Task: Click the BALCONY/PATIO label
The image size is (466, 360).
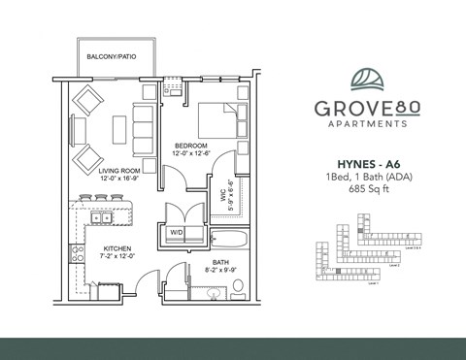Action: click(110, 56)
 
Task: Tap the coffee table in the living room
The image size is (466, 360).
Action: click(117, 128)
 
